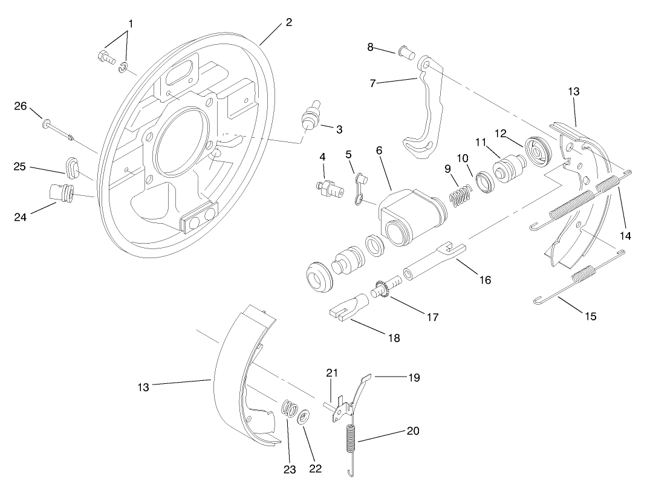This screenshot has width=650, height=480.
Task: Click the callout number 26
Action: [x=21, y=106]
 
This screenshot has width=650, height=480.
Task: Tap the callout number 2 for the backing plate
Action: [x=288, y=22]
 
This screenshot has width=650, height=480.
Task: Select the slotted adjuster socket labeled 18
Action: [x=348, y=305]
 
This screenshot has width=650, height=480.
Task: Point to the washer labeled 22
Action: [x=305, y=416]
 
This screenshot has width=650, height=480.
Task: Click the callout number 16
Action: [x=484, y=280]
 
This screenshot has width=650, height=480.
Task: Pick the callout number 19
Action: [x=414, y=378]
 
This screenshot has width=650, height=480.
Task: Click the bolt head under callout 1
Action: [x=104, y=57]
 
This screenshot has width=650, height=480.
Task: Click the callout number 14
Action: [x=625, y=236]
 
